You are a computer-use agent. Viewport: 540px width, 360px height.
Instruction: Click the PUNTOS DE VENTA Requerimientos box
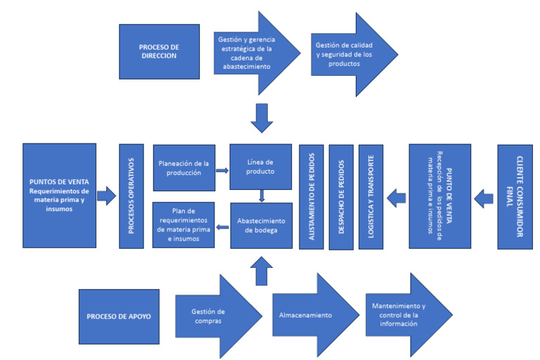(x=59, y=195)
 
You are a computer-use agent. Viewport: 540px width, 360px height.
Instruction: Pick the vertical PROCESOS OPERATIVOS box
(x=131, y=196)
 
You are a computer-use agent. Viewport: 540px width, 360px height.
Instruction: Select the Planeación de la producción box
(x=184, y=168)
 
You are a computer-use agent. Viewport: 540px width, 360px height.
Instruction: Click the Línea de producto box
(x=261, y=167)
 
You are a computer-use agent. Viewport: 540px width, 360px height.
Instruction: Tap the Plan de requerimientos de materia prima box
(x=184, y=225)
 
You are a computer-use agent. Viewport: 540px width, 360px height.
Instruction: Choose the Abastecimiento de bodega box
(x=261, y=226)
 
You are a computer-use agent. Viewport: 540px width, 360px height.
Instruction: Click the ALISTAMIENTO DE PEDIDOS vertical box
(x=311, y=196)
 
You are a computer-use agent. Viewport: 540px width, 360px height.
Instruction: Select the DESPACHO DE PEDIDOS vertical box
(x=341, y=196)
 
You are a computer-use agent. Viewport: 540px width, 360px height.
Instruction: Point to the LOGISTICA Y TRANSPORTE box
(x=371, y=196)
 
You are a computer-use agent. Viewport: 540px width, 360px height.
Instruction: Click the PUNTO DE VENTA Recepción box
(x=439, y=196)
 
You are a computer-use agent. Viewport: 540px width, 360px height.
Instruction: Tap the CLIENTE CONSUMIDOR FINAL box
(x=520, y=196)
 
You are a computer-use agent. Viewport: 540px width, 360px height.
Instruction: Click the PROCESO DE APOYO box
(x=119, y=316)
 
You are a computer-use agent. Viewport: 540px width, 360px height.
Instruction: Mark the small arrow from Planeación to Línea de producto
(x=222, y=170)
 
